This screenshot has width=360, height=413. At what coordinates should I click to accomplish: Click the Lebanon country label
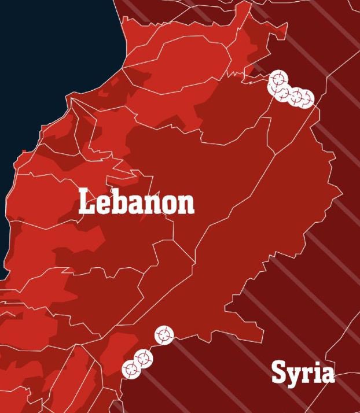137,202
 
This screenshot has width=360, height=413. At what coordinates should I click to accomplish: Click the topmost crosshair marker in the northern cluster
278,79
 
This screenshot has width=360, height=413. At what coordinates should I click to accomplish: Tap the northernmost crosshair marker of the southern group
163,334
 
